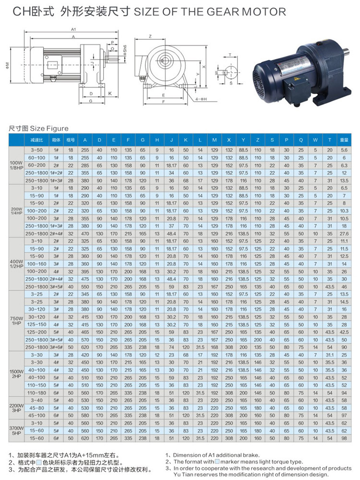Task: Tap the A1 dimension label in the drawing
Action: (x=73, y=29)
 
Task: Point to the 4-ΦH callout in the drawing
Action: (x=201, y=99)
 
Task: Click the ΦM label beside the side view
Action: (x=8, y=65)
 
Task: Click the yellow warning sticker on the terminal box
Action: (x=296, y=79)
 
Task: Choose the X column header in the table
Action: (x=229, y=140)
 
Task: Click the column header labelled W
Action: (x=315, y=140)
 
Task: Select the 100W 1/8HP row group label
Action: (x=16, y=165)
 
